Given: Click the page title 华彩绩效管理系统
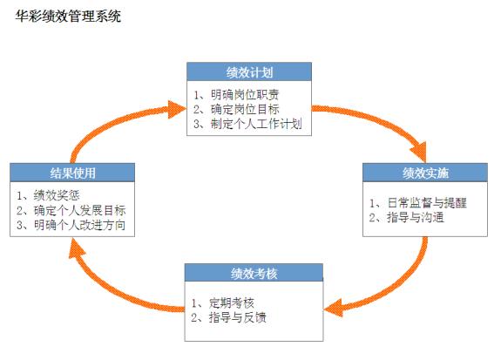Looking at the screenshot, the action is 68,16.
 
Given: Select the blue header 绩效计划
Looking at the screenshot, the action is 249,72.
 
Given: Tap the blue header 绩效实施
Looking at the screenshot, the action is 425,173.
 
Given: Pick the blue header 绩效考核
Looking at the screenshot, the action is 254,273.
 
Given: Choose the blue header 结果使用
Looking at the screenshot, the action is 72,173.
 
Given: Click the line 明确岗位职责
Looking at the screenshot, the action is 245,95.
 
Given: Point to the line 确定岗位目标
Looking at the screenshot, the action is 245,109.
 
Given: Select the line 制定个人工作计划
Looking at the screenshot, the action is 256,124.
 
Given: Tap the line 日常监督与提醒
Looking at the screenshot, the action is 427,203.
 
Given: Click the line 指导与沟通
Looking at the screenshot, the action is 416,217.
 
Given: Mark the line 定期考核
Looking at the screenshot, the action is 231,302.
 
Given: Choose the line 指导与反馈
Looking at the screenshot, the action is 237,317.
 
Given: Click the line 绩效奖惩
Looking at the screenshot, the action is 57,195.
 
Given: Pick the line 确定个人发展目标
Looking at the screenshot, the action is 79,210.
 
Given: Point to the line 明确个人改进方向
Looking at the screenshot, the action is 79,225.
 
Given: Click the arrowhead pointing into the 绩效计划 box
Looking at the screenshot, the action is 178,109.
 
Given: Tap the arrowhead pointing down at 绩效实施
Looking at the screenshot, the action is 419,153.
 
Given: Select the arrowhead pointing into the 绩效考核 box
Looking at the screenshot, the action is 333,308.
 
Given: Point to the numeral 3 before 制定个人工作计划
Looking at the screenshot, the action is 197,124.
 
